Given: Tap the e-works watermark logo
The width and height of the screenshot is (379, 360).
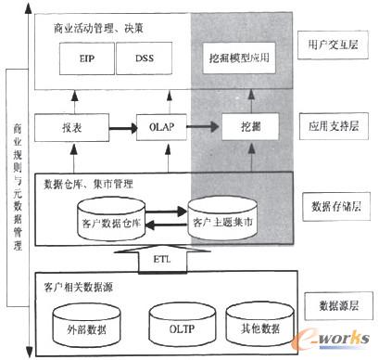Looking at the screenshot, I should [x=338, y=342].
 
